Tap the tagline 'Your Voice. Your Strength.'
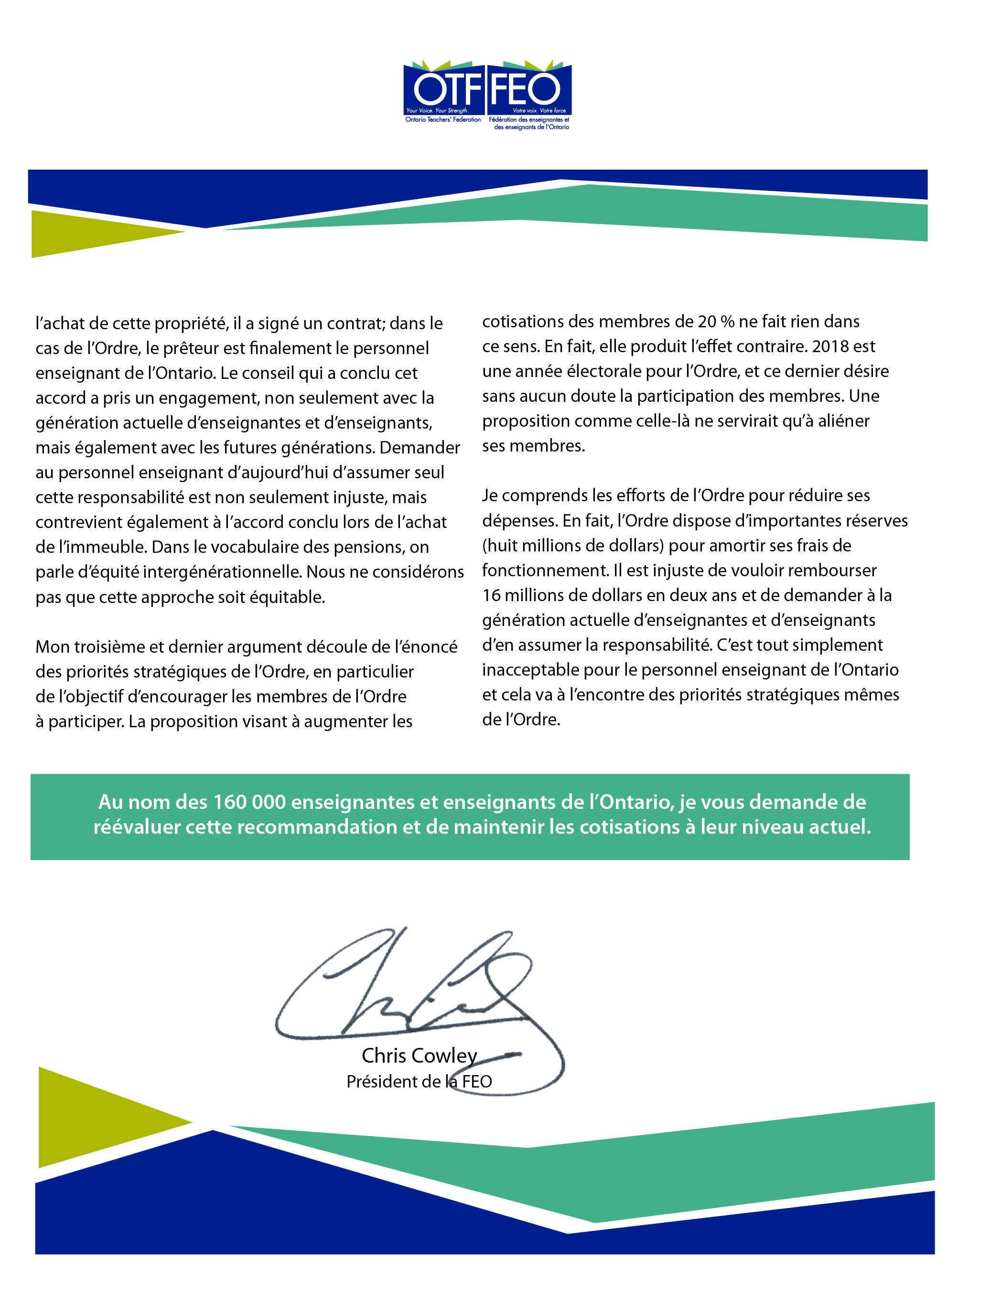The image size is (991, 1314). pyautogui.click(x=437, y=110)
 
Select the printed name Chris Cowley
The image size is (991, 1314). pyautogui.click(x=420, y=1056)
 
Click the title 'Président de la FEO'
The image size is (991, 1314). pyautogui.click(x=420, y=1081)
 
